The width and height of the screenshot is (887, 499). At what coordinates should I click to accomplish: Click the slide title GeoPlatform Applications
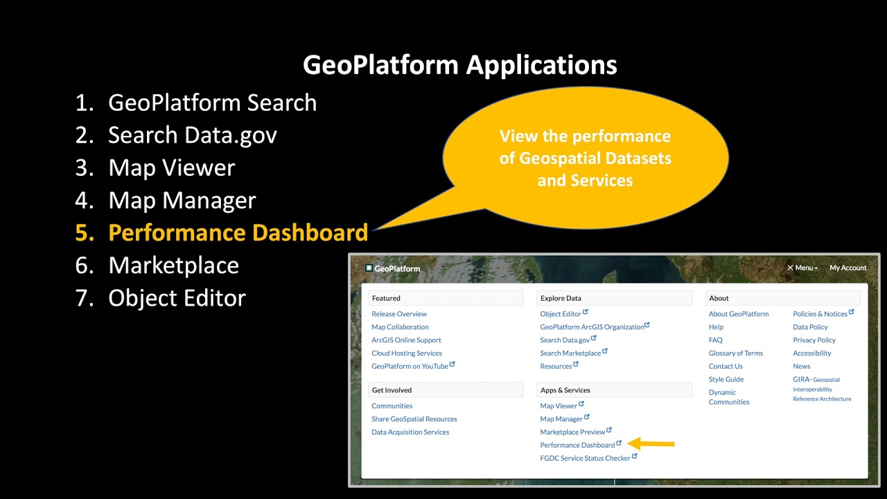point(459,65)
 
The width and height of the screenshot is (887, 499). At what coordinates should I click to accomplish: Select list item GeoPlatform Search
point(212,103)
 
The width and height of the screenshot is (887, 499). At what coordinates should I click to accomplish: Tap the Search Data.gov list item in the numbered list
point(192,135)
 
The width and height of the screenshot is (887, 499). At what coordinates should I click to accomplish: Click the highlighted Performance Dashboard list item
point(238,233)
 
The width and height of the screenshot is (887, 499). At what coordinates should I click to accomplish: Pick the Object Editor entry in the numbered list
point(177,298)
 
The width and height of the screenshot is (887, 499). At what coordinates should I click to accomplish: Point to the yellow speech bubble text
point(585,158)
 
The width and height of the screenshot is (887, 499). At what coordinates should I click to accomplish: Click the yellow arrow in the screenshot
point(651,444)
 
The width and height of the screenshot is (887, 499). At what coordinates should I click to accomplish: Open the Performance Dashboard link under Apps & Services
point(577,445)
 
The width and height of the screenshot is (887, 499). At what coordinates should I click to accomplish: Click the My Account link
point(848,268)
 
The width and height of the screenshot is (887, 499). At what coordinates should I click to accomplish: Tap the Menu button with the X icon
point(802,268)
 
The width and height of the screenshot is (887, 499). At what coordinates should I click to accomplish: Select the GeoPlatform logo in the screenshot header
point(393,268)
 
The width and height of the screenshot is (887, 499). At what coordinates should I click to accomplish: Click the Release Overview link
point(399,314)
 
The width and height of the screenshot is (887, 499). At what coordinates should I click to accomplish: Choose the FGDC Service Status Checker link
point(585,458)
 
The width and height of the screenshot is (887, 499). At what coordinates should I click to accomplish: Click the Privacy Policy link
point(814,340)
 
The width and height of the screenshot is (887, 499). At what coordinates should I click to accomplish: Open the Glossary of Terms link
point(735,353)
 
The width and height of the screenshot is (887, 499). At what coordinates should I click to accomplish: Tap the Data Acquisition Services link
point(410,432)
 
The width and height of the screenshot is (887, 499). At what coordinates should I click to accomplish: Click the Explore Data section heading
point(561,298)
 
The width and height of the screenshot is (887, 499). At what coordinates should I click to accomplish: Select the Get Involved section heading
point(392,390)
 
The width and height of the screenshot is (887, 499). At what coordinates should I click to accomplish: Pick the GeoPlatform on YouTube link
point(410,367)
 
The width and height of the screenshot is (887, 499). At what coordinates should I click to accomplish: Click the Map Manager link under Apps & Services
point(561,419)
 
